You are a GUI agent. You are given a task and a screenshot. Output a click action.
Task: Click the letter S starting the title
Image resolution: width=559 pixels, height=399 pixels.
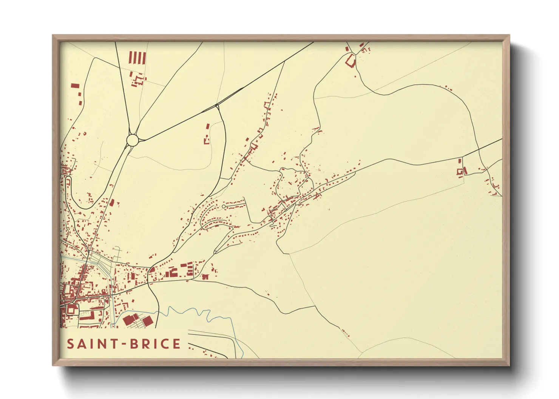[x=70, y=344]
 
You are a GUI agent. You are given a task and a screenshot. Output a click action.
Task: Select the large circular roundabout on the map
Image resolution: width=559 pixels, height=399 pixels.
[x=133, y=140]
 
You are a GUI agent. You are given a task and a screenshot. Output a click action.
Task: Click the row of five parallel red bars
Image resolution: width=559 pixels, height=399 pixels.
[x=137, y=58]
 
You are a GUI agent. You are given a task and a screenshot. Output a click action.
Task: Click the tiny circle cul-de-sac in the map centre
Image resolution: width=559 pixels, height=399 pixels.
[x=224, y=206]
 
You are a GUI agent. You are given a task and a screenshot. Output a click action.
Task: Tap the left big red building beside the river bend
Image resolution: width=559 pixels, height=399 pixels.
[x=129, y=320]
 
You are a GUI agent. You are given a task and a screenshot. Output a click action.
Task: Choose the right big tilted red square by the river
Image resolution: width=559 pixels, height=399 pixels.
[x=147, y=321]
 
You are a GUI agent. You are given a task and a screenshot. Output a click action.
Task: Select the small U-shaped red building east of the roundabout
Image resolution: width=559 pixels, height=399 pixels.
[x=207, y=141]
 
